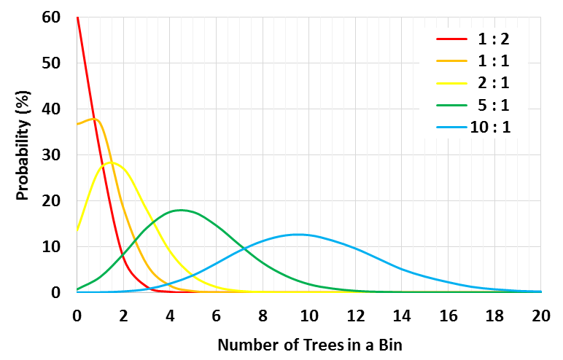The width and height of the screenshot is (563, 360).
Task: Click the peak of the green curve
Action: (x=180, y=210)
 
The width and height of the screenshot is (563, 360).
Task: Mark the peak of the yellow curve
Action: (x=111, y=162)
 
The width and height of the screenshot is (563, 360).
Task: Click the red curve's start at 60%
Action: (x=77, y=17)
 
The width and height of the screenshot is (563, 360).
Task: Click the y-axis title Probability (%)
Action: (x=24, y=154)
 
